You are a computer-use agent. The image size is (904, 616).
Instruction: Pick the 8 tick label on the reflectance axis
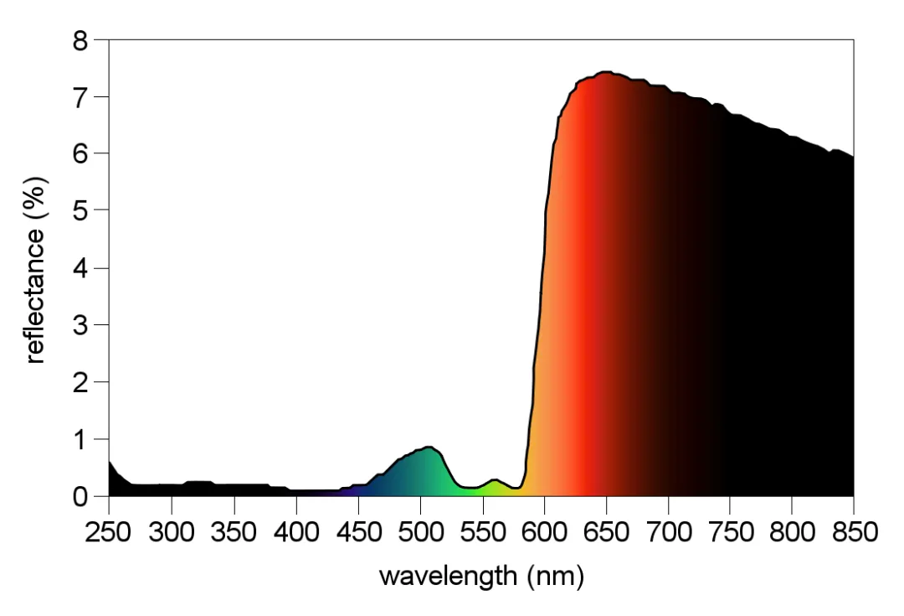click(80, 40)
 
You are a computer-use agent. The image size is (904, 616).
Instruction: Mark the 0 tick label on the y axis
click(80, 496)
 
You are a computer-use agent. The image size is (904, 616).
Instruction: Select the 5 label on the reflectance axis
click(80, 211)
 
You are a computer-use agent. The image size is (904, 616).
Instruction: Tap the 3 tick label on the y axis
click(80, 325)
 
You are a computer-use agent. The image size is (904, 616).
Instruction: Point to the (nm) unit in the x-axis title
click(554, 577)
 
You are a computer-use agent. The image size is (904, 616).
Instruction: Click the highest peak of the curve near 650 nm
click(604, 72)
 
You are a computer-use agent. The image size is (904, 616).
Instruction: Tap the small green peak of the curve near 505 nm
click(428, 447)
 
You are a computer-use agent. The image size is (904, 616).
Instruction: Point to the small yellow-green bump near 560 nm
click(495, 480)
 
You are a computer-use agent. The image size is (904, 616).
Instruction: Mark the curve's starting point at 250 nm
click(110, 461)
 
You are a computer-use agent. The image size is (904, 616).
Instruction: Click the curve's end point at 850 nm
click(853, 157)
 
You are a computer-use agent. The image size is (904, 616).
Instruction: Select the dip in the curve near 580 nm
click(517, 488)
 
